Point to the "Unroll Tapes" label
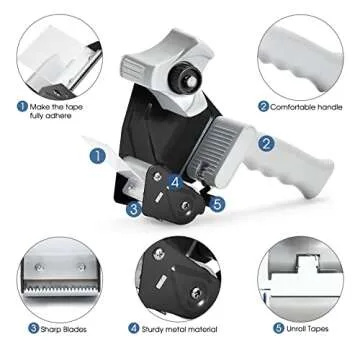click(310, 327)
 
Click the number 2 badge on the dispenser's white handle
click(267, 143)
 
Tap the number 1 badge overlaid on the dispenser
click(98, 155)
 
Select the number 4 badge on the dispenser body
click(174, 182)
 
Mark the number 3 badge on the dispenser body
click(133, 208)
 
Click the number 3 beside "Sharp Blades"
click(33, 327)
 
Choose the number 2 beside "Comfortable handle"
click(263, 106)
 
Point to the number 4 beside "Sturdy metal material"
click(133, 327)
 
